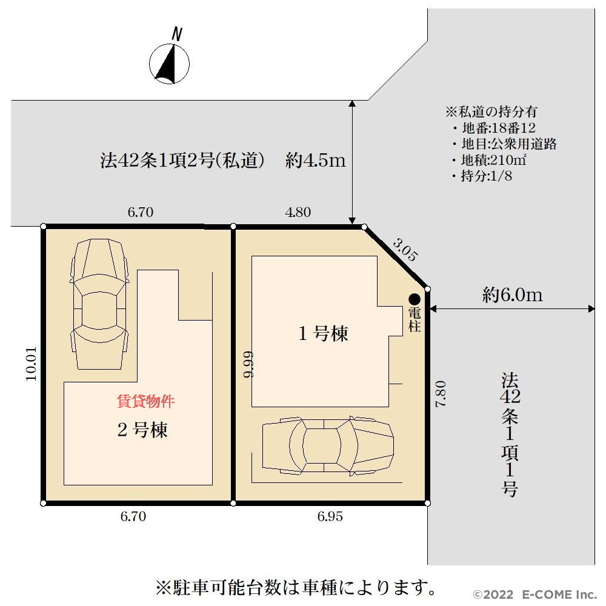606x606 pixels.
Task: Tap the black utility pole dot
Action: point(415,299)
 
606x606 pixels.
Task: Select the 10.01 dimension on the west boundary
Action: point(32,363)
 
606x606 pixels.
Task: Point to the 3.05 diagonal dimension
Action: point(405,250)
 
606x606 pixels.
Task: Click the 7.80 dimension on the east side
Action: point(441,394)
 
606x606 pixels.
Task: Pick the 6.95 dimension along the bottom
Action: point(330,516)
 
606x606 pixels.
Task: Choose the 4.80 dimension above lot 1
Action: point(298,212)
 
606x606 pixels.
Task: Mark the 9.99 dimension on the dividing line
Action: point(248,364)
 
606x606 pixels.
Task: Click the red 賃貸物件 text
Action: point(145,401)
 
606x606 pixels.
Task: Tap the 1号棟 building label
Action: point(323,333)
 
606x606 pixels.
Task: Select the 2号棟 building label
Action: point(142,430)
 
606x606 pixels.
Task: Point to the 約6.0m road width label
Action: point(513,295)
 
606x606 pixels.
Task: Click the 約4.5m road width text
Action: point(316,160)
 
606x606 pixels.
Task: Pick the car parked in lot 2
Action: point(99,304)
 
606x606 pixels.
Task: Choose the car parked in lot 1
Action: point(328,445)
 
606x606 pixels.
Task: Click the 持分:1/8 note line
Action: point(482,176)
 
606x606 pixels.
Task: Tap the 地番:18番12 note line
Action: point(494,128)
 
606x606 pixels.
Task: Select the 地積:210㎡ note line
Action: point(489,160)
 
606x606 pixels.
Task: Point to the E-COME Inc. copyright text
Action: point(535,594)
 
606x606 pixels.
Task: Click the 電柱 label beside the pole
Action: point(415,319)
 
